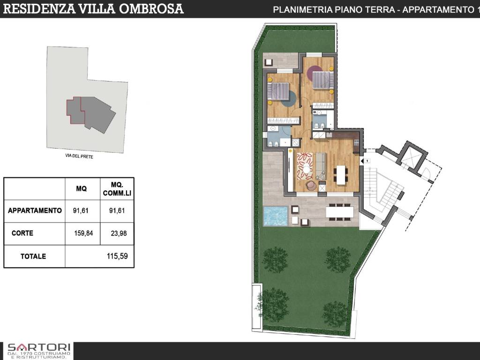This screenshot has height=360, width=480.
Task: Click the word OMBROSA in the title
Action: click(x=151, y=8)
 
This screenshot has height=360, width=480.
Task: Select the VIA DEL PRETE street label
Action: click(x=79, y=156)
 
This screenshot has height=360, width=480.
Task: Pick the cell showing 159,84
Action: click(x=83, y=233)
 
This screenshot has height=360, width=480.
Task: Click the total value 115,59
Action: click(x=117, y=256)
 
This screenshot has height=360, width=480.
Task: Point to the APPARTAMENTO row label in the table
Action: click(x=35, y=210)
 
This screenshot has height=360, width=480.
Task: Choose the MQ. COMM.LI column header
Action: click(x=117, y=189)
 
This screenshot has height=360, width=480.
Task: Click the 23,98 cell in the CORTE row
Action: click(x=119, y=233)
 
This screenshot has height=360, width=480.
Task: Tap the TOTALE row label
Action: click(x=33, y=256)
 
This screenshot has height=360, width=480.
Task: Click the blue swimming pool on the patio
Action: click(x=276, y=216)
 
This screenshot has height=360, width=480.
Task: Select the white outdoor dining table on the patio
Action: click(x=339, y=211)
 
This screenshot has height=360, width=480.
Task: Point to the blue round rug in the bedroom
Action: click(x=288, y=99)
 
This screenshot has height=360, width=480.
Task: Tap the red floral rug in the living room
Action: click(x=305, y=166)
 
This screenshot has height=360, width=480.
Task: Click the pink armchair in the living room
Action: click(x=312, y=185)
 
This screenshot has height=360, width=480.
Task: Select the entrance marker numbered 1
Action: click(x=366, y=160)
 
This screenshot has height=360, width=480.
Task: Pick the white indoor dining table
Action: click(x=341, y=175)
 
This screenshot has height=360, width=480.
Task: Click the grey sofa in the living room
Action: click(x=321, y=166)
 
